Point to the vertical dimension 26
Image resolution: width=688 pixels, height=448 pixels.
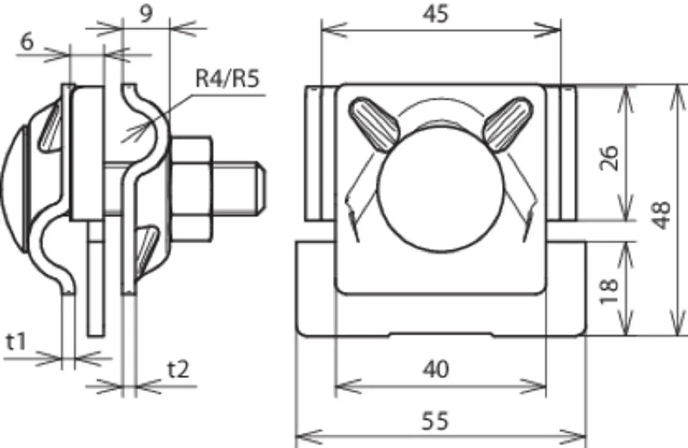609,158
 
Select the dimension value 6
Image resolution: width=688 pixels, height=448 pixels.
28,42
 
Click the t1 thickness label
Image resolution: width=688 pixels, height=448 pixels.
16,342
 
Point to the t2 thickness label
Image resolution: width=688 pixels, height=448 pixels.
178,370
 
